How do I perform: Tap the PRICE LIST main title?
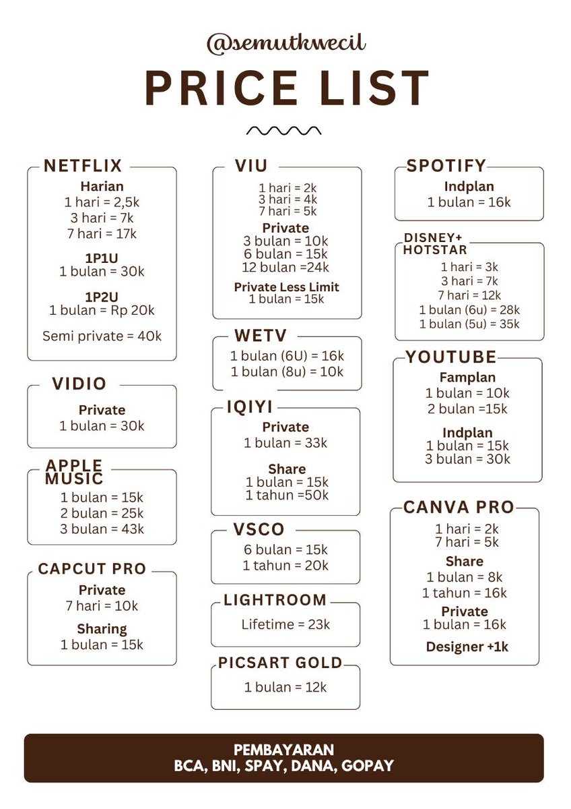pos(287,88)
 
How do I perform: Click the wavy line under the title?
pos(283,130)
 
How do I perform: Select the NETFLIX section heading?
pos(83,166)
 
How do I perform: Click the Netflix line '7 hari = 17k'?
pos(102,234)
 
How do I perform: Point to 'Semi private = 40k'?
pos(102,336)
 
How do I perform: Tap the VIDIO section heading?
pos(79,384)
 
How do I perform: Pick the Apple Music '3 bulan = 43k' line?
pos(102,529)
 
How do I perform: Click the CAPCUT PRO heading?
pos(92,568)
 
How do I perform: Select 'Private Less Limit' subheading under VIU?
pos(286,287)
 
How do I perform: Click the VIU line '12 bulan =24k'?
pos(285,267)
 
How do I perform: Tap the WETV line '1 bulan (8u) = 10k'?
pos(287,371)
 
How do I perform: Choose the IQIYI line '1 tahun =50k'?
pos(287,495)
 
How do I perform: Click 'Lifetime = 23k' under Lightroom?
pos(285,624)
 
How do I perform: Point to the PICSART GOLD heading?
pos(280,663)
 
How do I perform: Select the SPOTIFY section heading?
pos(446,166)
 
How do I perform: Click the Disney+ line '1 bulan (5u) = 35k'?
pos(469,324)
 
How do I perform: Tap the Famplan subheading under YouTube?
pos(467,378)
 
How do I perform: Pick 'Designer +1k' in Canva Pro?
pos(467,647)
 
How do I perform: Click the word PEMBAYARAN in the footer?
pos(283,750)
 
